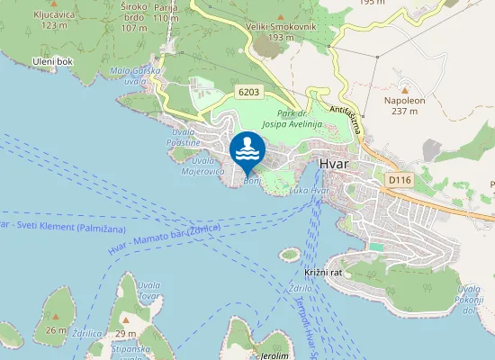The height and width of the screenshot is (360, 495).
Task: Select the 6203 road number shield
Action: pos(250,92)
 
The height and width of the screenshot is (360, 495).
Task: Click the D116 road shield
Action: pos(399,181)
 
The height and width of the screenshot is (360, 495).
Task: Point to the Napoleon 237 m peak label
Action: pos(404,105)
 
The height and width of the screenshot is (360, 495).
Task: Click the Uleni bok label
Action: pos(52,60)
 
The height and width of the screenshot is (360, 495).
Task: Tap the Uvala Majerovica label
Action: pos(209,165)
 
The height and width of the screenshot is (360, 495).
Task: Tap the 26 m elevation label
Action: pos(56,329)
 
